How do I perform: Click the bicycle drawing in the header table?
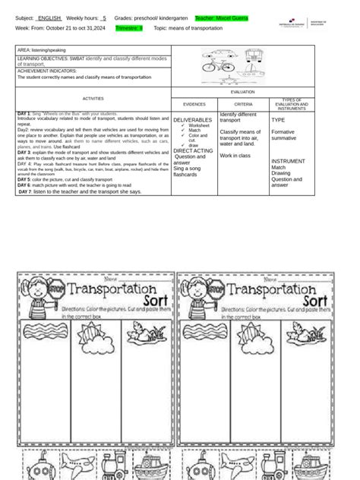point(219,67)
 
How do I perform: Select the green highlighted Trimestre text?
point(128,27)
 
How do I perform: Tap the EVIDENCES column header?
point(195,104)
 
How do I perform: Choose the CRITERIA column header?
point(243,104)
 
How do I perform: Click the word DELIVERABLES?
point(193,120)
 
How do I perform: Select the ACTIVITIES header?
point(93,99)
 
